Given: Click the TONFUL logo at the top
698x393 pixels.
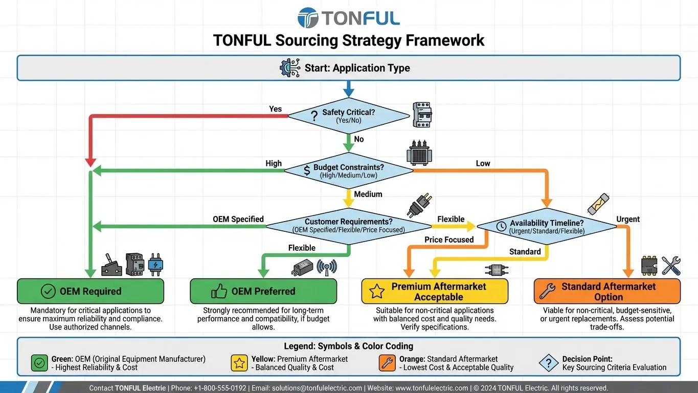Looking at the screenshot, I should pyautogui.click(x=348, y=18).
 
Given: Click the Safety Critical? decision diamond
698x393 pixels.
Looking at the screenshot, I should pyautogui.click(x=348, y=116).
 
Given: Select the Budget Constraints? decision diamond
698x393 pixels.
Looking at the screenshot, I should pyautogui.click(x=348, y=170).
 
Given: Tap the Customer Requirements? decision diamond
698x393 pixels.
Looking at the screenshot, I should pyautogui.click(x=348, y=225).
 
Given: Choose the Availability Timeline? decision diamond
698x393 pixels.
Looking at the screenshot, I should pyautogui.click(x=547, y=226).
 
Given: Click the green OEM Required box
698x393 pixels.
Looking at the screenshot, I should pyautogui.click(x=91, y=291).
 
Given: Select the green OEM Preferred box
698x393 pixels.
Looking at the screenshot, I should pyautogui.click(x=263, y=291).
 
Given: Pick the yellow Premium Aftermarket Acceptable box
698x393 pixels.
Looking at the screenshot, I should pyautogui.click(x=435, y=291).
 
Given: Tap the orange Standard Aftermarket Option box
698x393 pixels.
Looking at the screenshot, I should pyautogui.click(x=607, y=291).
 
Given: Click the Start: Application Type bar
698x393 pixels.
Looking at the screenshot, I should pyautogui.click(x=348, y=68).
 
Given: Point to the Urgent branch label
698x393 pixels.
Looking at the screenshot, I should pyautogui.click(x=628, y=219).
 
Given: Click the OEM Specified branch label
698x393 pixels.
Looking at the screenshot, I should pyautogui.click(x=238, y=219).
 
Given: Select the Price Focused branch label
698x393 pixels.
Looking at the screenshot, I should pyautogui.click(x=449, y=239).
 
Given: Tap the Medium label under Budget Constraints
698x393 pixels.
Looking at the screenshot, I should pyautogui.click(x=368, y=194).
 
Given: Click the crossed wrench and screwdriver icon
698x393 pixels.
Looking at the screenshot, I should pyautogui.click(x=671, y=266).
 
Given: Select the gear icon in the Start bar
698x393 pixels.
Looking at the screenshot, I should pyautogui.click(x=290, y=68).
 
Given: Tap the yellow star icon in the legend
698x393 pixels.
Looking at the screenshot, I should pyautogui.click(x=239, y=363).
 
